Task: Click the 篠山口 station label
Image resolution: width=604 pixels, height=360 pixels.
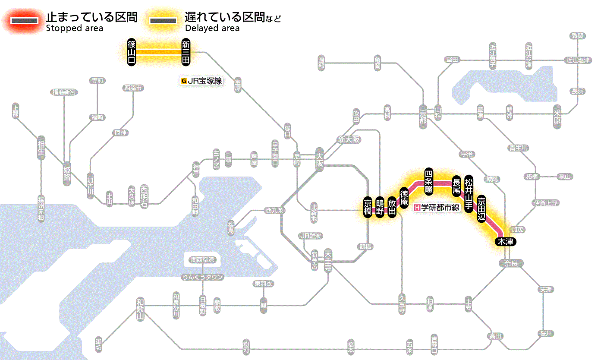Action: [132, 52]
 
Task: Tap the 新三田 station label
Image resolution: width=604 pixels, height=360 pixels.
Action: [186, 52]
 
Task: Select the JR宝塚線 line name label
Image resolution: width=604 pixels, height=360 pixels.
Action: [202, 80]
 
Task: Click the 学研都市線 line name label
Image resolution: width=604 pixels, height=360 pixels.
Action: [437, 207]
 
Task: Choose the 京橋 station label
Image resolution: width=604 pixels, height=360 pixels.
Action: [368, 208]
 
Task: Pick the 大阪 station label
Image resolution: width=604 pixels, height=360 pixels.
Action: [319, 160]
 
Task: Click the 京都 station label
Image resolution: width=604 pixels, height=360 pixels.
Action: [423, 114]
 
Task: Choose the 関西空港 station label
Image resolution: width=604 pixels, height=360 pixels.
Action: [203, 260]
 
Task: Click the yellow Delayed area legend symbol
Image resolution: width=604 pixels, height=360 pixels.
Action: [163, 21]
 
